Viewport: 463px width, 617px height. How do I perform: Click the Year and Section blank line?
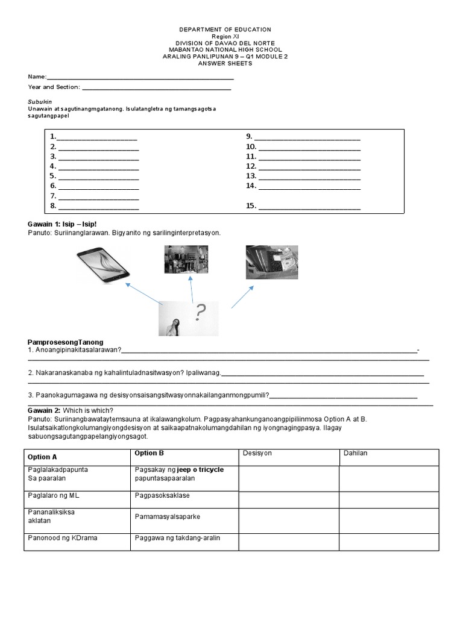[x=156, y=89]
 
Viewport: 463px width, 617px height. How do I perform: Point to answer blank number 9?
[x=309, y=138]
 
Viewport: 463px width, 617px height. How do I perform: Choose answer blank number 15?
[x=309, y=207]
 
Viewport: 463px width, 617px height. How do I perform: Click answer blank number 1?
[x=97, y=138]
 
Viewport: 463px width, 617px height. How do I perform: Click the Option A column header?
[x=46, y=457]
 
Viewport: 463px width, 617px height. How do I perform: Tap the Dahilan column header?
[x=355, y=453]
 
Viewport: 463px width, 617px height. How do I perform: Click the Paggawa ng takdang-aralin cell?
[x=169, y=537]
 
